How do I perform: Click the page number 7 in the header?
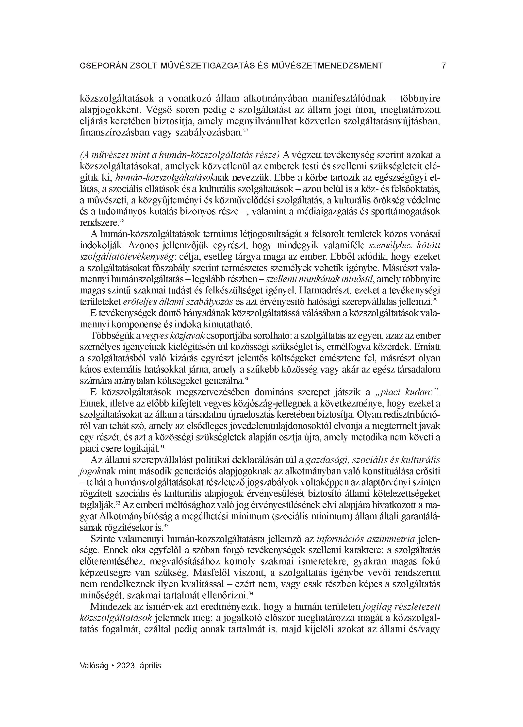click(x=443, y=66)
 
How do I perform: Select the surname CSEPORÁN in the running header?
click(x=99, y=66)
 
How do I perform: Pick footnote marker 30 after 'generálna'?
click(x=247, y=379)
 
